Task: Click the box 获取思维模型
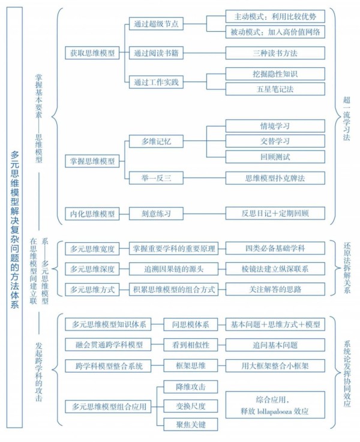coord(92,53)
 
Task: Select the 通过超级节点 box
coord(156,23)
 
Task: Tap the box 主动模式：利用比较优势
coord(275,17)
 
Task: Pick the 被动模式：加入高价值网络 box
coord(275,32)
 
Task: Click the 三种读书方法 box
coord(275,53)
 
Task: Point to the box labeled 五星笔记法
coord(275,89)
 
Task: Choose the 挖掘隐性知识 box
coord(275,74)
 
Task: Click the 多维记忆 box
coord(156,141)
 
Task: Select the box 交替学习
coord(275,141)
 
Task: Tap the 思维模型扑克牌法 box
coord(275,178)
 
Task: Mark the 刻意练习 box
coord(156,214)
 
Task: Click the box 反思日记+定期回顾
coord(275,213)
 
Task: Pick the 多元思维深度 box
coord(92,269)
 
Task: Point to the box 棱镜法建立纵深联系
coord(275,269)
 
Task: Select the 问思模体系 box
coord(191,324)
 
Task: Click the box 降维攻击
coord(191,387)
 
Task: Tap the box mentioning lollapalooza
coord(275,405)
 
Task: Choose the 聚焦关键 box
coord(191,425)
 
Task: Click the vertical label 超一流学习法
coord(347,118)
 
